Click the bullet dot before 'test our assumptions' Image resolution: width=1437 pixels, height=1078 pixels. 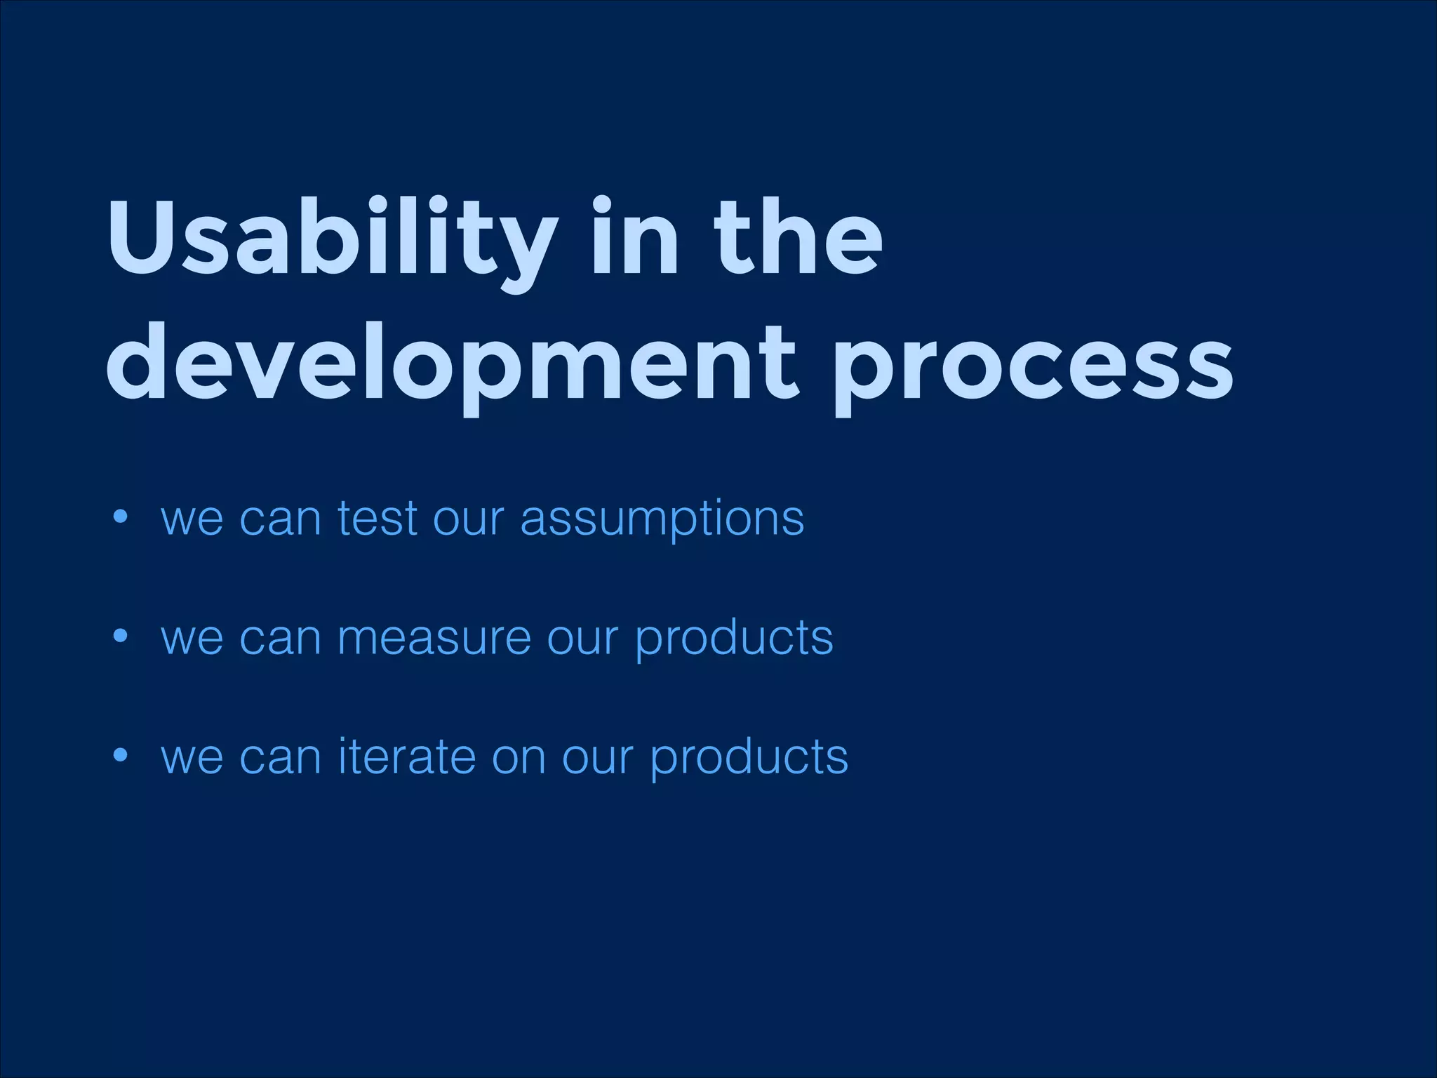(121, 519)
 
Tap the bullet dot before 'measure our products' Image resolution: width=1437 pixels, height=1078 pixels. (121, 637)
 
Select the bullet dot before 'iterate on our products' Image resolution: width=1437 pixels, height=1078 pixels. (121, 756)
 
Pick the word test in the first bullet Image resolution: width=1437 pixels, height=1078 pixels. (377, 519)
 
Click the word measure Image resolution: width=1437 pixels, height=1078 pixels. (434, 639)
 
